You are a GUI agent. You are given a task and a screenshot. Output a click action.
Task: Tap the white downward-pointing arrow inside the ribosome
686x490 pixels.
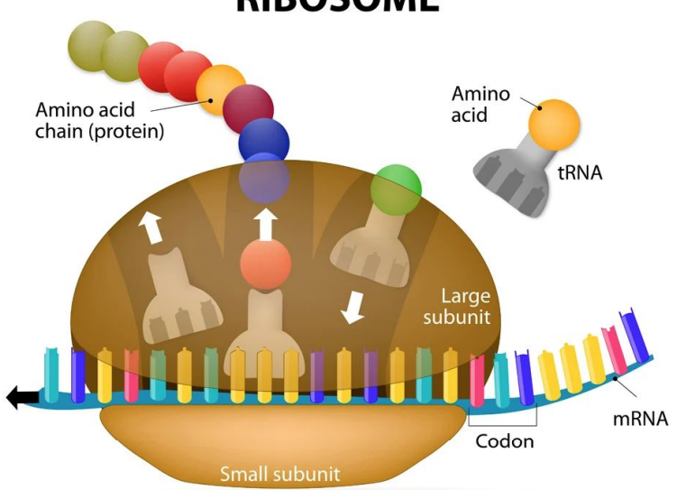click(352, 308)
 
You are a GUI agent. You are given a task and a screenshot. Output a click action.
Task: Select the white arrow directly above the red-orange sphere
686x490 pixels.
click(265, 223)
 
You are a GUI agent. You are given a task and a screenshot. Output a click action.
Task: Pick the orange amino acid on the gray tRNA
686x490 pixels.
click(553, 124)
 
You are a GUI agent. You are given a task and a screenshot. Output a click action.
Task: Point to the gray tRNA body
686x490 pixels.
click(514, 175)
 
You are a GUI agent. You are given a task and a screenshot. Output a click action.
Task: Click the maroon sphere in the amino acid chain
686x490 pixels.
click(248, 108)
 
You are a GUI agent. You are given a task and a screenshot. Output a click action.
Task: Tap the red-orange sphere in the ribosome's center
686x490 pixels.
click(265, 264)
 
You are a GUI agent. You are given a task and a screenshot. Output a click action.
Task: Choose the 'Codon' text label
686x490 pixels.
click(504, 441)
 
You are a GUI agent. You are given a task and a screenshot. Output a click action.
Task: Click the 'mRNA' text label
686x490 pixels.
click(640, 419)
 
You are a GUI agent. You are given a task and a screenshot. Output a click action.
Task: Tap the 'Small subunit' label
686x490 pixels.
click(280, 473)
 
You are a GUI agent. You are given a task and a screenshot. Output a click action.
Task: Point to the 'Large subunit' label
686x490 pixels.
click(465, 306)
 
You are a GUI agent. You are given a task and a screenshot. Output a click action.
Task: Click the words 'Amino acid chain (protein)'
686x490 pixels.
click(99, 121)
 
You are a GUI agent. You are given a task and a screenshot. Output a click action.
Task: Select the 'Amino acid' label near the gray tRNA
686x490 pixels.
click(480, 104)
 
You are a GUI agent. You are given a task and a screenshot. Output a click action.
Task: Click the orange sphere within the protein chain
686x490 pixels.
click(220, 89)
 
